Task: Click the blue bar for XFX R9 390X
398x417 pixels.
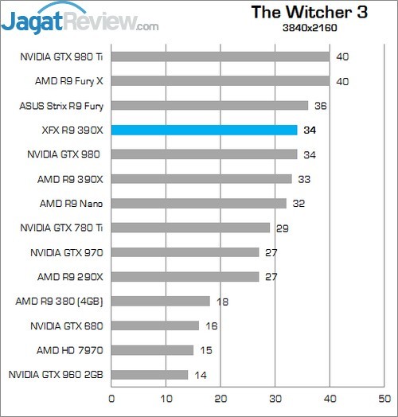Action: [204, 130]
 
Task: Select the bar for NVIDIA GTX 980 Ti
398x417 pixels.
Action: [220, 57]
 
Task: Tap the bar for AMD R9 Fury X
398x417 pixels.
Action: [220, 81]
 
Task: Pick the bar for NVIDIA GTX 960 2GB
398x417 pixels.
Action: [150, 374]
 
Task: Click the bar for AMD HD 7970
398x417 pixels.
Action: [152, 350]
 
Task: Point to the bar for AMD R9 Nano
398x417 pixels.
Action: [198, 203]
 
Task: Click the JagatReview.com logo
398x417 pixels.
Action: [80, 20]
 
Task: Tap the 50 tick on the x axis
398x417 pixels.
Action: [384, 397]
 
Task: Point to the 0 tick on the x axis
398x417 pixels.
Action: [111, 397]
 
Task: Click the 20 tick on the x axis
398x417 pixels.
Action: [220, 397]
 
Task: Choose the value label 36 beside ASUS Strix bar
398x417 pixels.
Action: [319, 106]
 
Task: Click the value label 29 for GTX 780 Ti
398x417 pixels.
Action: [281, 228]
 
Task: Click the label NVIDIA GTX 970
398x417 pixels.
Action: [66, 252]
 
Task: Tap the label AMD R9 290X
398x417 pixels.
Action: [71, 276]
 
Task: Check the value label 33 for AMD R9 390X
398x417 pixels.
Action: [303, 179]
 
